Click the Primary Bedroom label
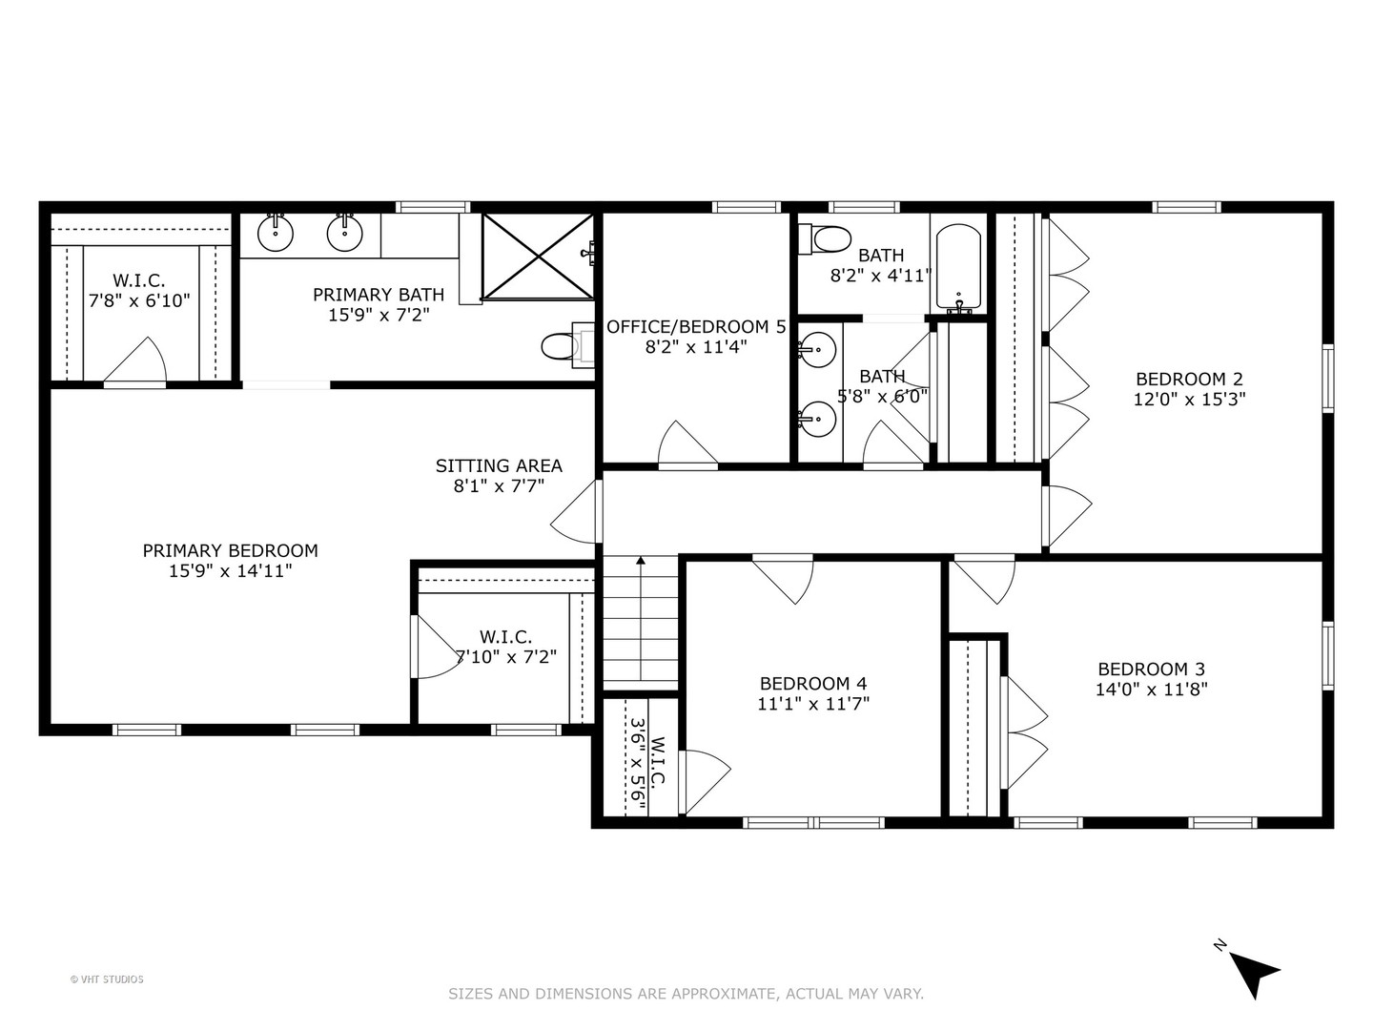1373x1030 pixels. (x=230, y=550)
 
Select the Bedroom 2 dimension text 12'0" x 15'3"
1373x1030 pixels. (x=1189, y=400)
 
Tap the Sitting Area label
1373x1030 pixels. (x=499, y=465)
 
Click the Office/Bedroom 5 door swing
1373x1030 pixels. (x=686, y=444)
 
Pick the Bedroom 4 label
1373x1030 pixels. (x=812, y=683)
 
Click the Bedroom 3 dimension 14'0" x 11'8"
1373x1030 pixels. (x=1151, y=690)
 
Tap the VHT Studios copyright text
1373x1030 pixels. (x=107, y=978)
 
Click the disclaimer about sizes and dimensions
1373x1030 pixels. (x=686, y=994)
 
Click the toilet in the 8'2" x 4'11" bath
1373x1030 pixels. (x=825, y=238)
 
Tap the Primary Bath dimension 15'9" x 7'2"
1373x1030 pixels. (x=379, y=315)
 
